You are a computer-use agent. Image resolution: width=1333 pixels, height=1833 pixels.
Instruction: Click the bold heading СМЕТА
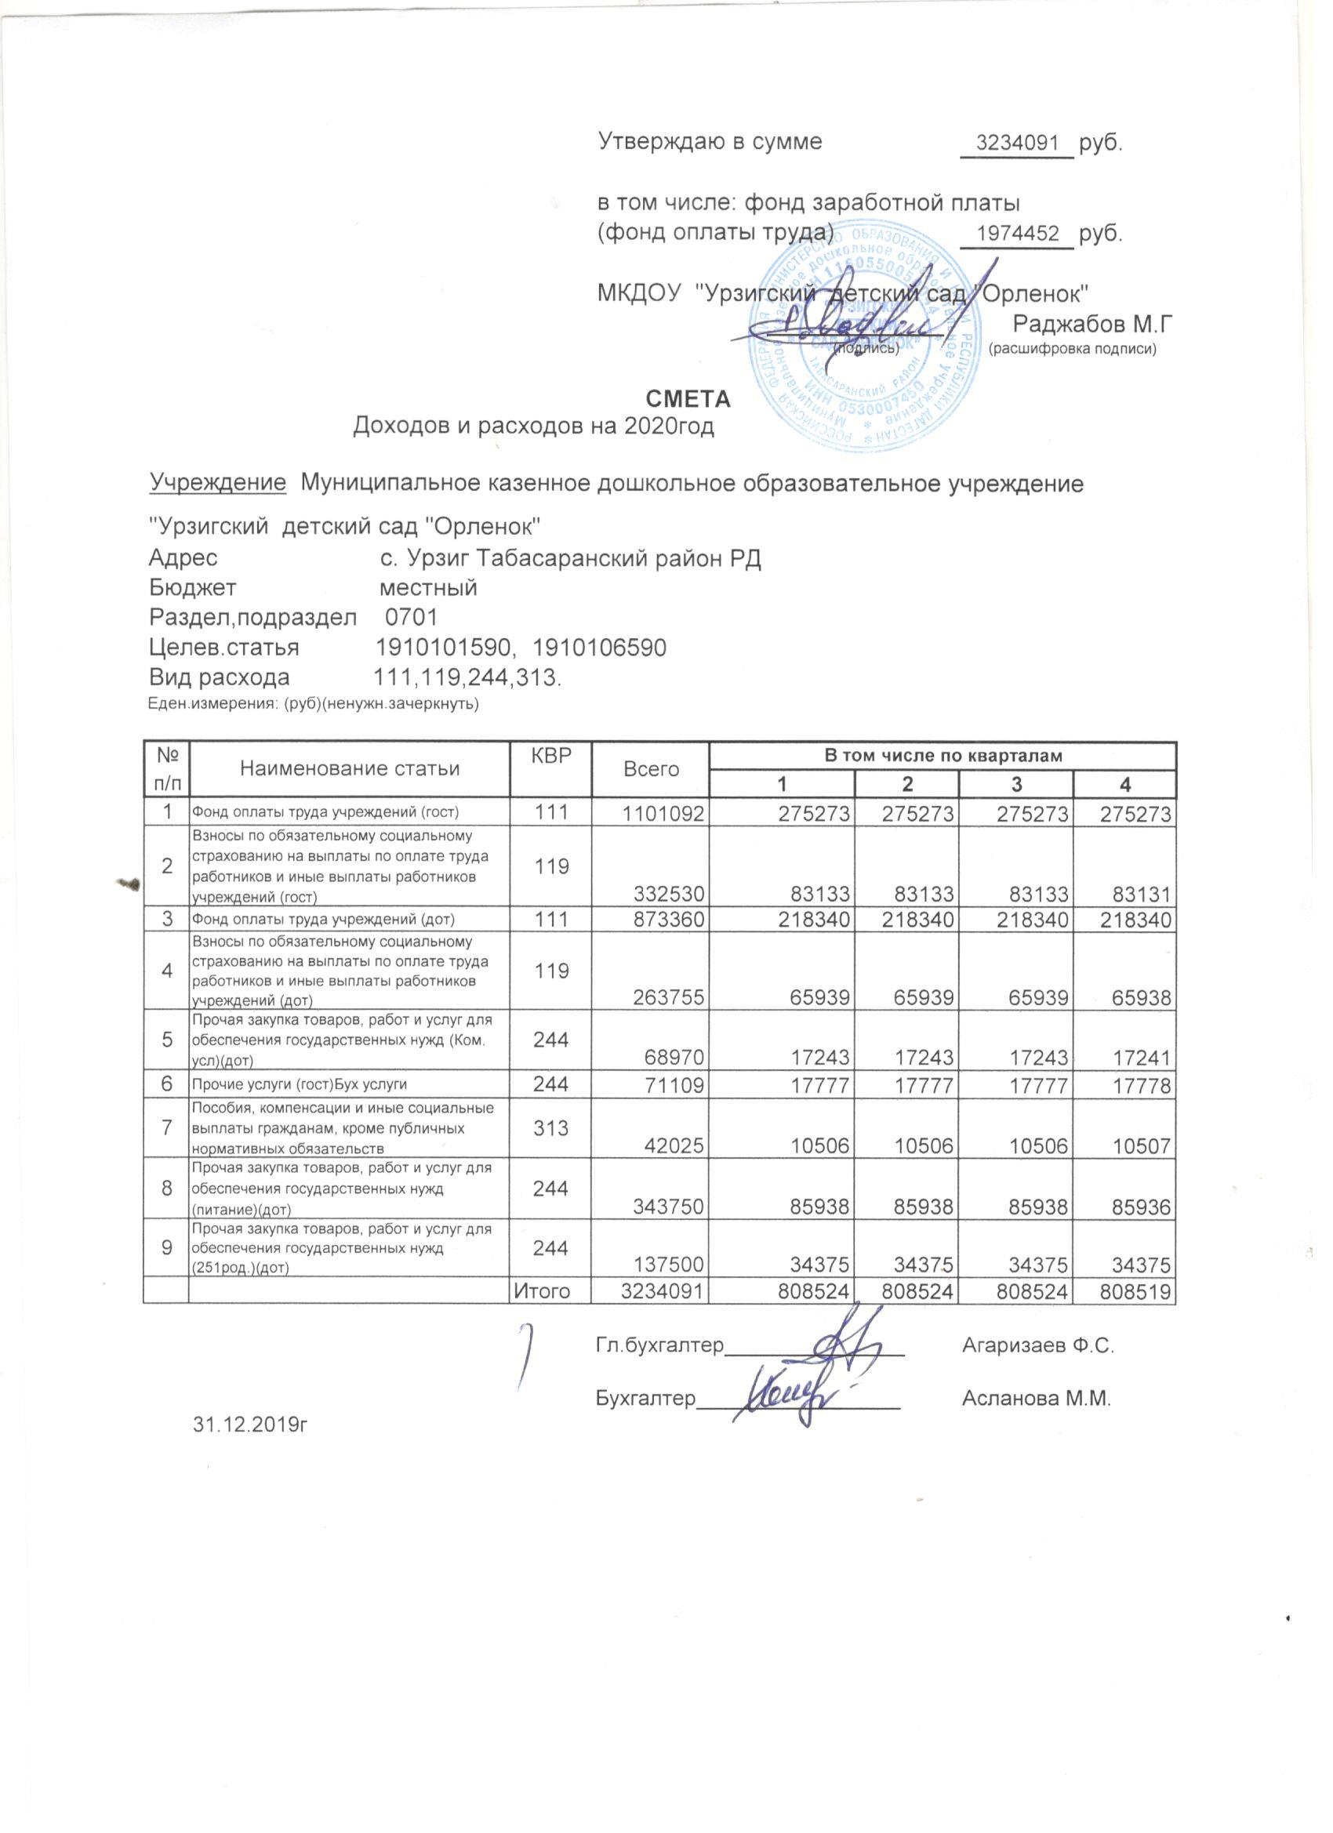688,399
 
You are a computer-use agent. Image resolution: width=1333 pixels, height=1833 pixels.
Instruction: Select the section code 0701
412,619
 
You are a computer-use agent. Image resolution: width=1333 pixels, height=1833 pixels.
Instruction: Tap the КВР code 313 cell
550,1127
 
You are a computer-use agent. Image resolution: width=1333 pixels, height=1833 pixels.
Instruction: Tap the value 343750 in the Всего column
668,1208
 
